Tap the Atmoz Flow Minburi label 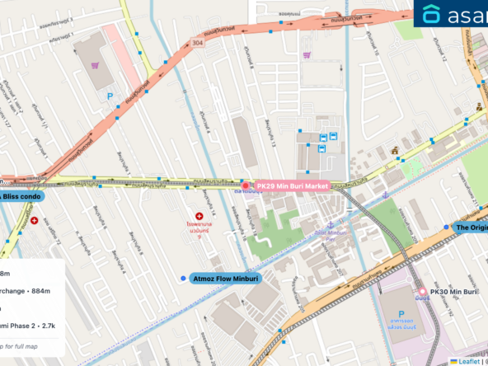coord(225,279)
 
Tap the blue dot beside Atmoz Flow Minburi coord(183,279)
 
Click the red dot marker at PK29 coord(244,185)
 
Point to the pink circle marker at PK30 coord(423,292)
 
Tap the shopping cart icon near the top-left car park coord(96,65)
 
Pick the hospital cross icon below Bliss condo coord(34,221)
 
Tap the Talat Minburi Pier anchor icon coord(329,224)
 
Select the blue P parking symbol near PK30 coord(402,314)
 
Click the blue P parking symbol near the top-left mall coord(110,96)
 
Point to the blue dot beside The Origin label coord(447,227)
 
